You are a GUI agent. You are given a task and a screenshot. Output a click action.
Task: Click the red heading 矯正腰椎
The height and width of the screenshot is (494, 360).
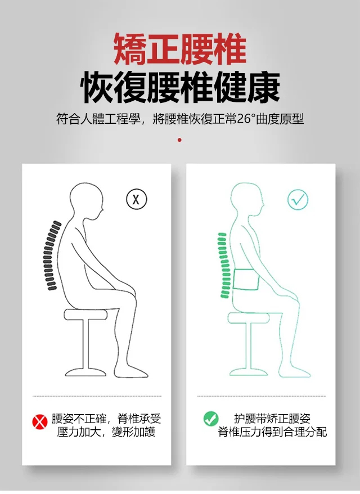(180, 50)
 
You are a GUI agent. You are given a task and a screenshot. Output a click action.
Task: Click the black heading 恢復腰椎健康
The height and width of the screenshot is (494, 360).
(180, 88)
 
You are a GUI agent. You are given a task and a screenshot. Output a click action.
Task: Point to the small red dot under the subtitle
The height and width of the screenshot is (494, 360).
(179, 140)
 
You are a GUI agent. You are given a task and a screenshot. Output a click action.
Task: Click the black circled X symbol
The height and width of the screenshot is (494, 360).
(136, 199)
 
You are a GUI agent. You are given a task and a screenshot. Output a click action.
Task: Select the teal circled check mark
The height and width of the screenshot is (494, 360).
(298, 200)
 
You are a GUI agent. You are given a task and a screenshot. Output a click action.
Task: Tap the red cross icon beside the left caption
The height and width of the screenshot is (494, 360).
(40, 421)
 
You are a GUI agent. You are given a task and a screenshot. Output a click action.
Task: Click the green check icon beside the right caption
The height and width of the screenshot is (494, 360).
(211, 419)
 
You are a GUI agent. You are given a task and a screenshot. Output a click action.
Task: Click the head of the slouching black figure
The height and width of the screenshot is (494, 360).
(86, 201)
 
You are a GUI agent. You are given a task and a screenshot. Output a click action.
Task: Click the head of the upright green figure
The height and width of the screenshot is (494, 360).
(247, 201)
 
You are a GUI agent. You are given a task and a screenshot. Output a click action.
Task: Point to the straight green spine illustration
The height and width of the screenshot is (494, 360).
(224, 265)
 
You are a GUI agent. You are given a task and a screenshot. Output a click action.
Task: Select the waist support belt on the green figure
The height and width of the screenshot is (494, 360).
(246, 279)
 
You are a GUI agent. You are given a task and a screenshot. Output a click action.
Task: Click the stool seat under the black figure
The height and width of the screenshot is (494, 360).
(85, 315)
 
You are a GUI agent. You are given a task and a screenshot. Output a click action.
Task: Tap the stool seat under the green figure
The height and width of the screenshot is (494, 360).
(249, 317)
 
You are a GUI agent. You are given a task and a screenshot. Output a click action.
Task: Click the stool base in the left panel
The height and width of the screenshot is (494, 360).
(85, 372)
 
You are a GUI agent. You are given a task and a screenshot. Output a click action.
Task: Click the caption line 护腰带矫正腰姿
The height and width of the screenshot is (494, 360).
(272, 419)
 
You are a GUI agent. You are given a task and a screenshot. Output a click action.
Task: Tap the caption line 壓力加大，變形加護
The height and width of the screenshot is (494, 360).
(106, 432)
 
